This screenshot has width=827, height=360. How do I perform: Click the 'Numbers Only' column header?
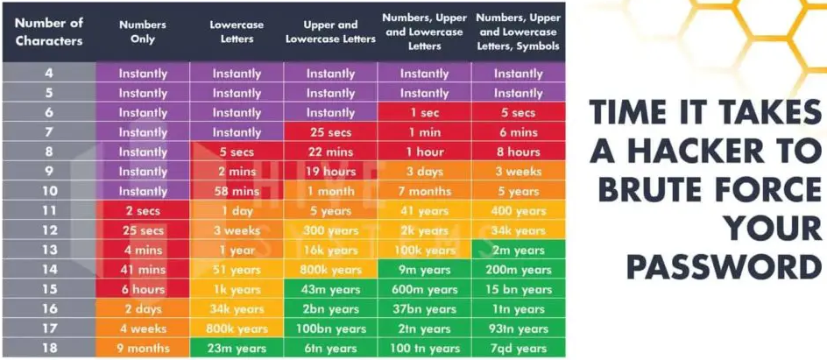143,32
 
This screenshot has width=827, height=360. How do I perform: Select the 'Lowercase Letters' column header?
237,32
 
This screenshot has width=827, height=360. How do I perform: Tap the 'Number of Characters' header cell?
48,32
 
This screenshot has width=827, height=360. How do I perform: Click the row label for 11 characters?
48,211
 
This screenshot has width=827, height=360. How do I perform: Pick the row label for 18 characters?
48,348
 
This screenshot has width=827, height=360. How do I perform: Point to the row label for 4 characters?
48,74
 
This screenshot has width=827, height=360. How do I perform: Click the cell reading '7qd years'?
518,348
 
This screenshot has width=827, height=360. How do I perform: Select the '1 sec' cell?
424,113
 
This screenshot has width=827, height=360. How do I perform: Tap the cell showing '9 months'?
143,348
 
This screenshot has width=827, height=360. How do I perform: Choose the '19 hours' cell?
330,172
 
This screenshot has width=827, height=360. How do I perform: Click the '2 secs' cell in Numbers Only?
143,211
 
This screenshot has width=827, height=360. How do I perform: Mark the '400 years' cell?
518,211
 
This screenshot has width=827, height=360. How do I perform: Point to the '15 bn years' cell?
518,289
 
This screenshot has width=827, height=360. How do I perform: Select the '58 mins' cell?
237,191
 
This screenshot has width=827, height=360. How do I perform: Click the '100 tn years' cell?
424,348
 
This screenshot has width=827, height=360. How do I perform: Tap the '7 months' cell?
424,191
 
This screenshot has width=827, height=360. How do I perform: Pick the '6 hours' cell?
143,289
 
